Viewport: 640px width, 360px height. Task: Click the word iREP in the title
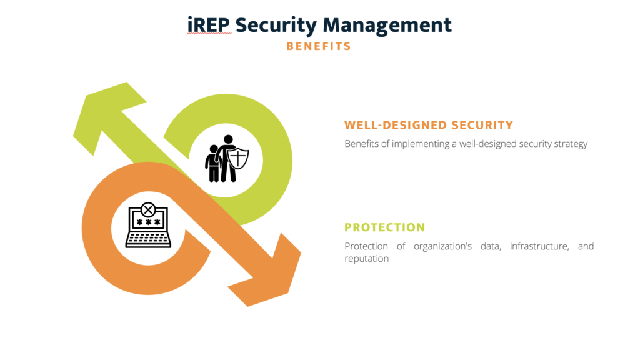pos(209,25)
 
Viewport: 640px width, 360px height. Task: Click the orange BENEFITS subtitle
pos(319,46)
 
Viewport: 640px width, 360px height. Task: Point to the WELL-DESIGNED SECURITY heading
pos(428,125)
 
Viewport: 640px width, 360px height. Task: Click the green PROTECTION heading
pos(384,227)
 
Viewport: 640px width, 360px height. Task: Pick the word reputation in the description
pos(366,259)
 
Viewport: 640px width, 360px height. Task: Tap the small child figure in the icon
pos(214,164)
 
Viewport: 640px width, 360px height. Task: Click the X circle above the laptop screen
pos(148,209)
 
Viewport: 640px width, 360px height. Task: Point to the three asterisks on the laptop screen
pos(148,223)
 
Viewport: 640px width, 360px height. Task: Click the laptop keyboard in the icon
pos(148,239)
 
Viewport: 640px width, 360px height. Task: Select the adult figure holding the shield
pos(226,157)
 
